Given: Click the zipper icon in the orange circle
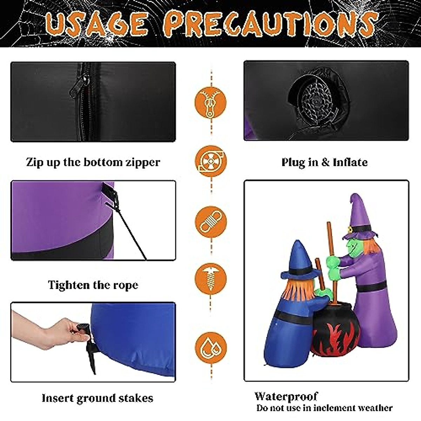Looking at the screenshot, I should coord(211,103).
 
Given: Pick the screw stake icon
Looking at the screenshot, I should coord(211,279).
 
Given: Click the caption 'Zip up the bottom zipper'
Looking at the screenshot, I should coord(93,162).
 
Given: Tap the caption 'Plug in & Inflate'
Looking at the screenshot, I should coord(325,162).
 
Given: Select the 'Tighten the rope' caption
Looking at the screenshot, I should coord(93,285).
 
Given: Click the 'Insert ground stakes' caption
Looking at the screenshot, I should coord(97,398).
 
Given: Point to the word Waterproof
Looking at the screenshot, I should coord(286,396).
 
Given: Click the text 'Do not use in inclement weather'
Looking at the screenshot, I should coord(324,408).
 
